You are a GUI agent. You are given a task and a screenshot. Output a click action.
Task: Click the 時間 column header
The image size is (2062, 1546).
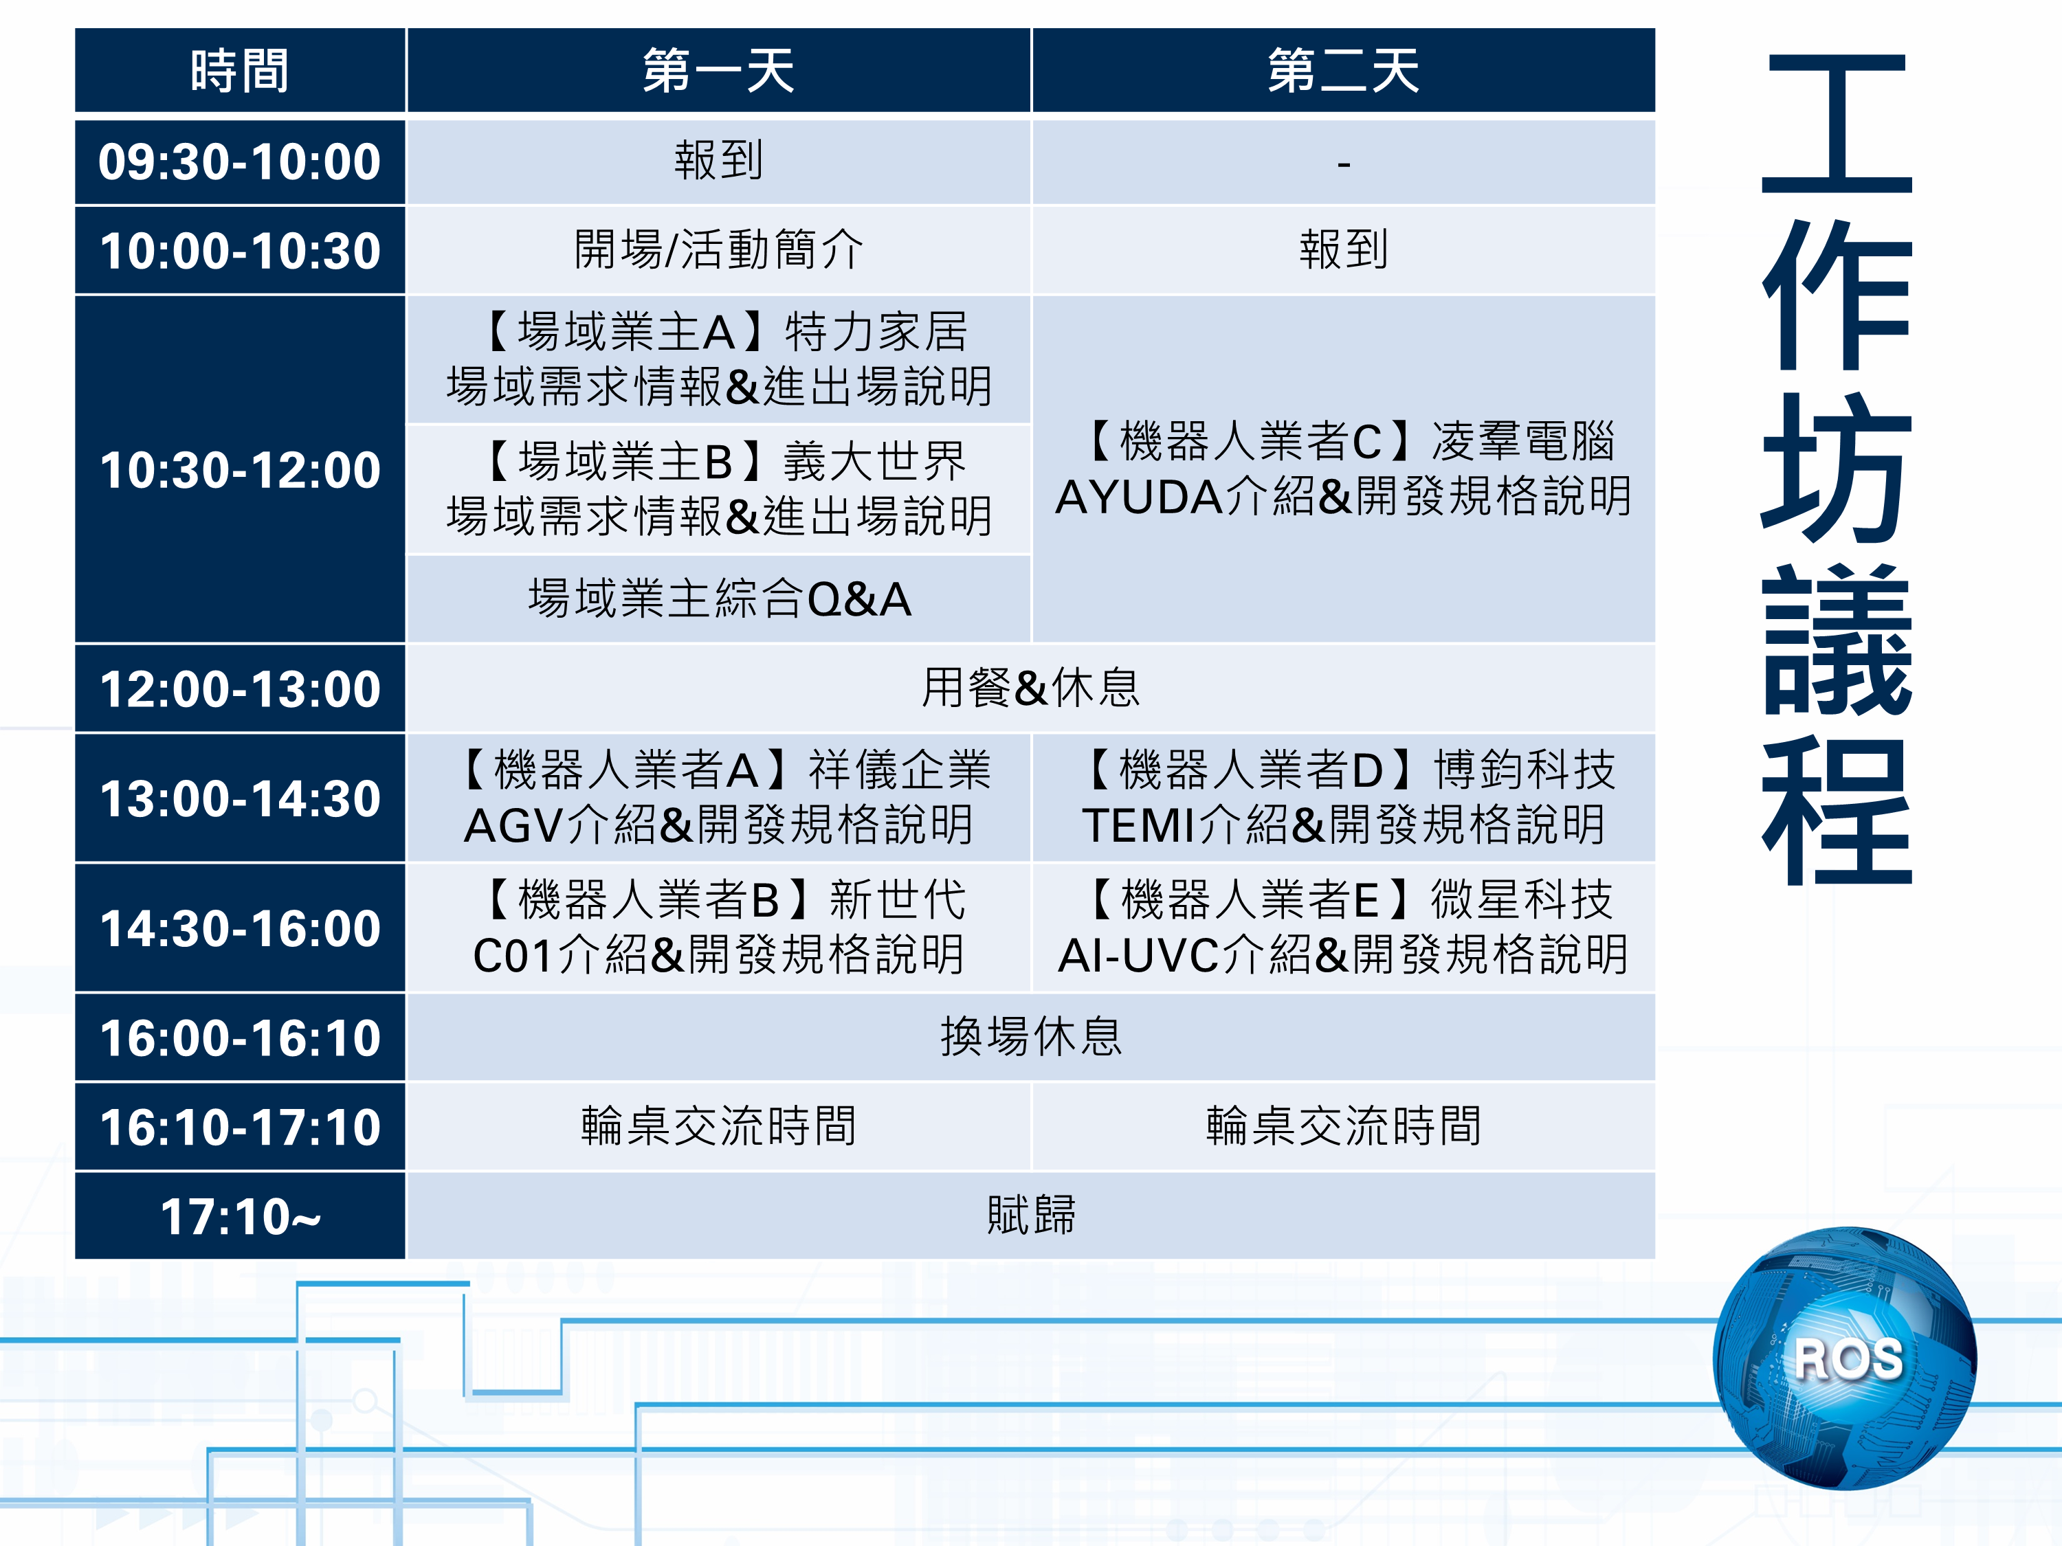pos(240,71)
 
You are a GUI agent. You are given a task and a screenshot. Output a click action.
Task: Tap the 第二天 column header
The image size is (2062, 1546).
pos(1342,71)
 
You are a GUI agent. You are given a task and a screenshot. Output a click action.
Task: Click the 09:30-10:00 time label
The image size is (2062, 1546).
pos(240,162)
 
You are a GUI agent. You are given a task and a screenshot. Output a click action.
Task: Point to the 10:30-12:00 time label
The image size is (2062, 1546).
pos(240,470)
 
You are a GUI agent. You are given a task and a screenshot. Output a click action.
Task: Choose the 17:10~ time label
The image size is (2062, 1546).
pos(240,1217)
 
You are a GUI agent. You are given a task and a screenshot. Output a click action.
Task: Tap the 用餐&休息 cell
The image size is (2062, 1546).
pos(1030,688)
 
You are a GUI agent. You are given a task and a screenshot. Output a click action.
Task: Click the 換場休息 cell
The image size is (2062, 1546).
pos(1030,1036)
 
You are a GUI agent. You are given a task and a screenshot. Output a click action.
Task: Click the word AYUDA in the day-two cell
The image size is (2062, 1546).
pos(1138,497)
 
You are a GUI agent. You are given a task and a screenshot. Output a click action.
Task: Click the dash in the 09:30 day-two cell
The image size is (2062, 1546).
pos(1343,164)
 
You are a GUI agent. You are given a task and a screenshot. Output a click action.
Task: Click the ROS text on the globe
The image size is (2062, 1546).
pos(1848,1358)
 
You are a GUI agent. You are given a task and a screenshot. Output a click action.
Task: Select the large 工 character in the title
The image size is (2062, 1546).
pos(1837,123)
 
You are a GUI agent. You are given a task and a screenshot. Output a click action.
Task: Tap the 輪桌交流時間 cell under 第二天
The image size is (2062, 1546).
pos(1342,1125)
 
